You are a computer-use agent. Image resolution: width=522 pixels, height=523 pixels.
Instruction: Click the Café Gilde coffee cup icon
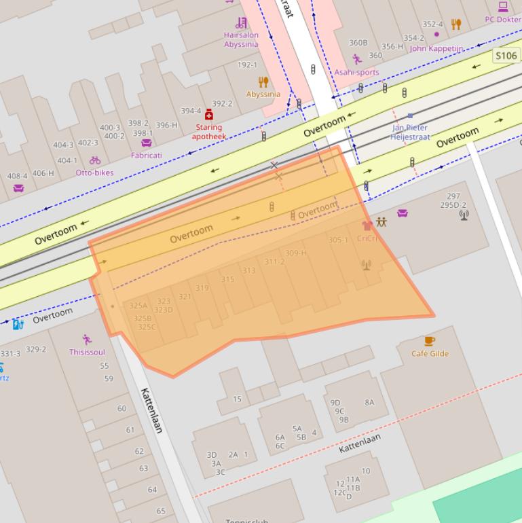coord(429,341)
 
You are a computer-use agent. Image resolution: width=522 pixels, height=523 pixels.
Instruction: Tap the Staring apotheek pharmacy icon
coord(208,115)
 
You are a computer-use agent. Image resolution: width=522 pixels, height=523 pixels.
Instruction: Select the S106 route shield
coord(506,56)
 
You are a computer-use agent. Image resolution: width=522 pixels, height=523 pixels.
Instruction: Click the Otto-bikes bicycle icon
coord(95,160)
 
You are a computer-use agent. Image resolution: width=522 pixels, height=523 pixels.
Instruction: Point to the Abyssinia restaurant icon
coord(263,82)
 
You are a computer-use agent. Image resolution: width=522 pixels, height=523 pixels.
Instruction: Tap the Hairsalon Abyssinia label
coord(241,39)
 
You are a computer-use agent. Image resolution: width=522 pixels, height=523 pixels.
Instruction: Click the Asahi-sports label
coord(356,72)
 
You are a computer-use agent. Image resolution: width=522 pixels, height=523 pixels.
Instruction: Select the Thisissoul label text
coord(87,352)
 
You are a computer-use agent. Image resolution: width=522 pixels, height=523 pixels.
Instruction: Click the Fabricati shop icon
coord(146,143)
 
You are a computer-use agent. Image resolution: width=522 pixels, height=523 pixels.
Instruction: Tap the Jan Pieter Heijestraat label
coord(410,132)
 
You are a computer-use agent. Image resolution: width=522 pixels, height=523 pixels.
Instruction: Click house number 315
coord(227,279)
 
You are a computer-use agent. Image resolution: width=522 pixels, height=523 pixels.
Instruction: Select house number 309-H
coord(295,253)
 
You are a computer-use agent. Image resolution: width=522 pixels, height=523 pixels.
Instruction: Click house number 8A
coord(369,402)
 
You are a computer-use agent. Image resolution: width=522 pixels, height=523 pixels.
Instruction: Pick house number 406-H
coord(43,173)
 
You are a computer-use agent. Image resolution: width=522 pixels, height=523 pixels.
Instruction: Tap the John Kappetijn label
coord(436,48)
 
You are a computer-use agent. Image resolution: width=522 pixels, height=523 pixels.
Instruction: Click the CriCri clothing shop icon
coord(367,226)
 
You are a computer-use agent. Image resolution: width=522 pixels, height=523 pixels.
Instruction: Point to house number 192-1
coord(247,65)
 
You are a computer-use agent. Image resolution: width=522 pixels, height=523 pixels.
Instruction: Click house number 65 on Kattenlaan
coord(161,511)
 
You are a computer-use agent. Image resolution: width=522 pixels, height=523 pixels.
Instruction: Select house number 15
coord(237,399)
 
